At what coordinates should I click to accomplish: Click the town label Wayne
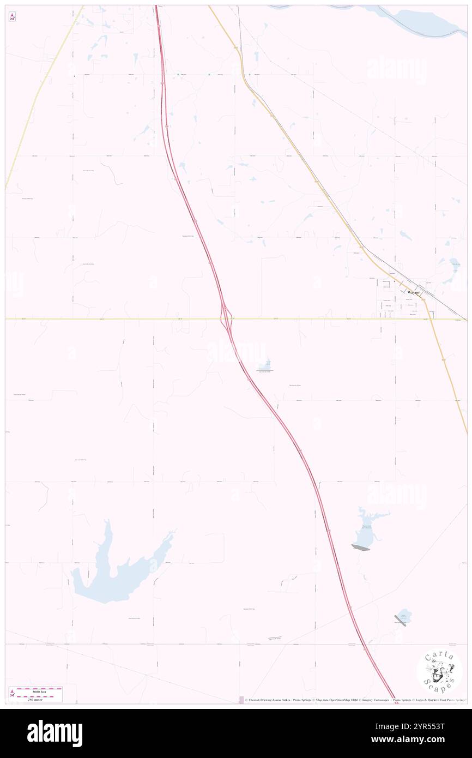tap(414, 292)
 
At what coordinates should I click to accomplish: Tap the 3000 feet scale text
tap(39, 690)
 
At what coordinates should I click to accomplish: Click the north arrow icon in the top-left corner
tap(12, 17)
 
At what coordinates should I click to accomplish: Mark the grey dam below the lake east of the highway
tap(360, 547)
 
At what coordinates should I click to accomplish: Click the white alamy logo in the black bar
tap(55, 733)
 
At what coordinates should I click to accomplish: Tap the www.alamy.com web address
tap(416, 740)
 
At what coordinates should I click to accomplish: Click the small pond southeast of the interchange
tap(267, 364)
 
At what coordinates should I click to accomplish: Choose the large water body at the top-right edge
tap(425, 22)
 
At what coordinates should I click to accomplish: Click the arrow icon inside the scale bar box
tap(13, 694)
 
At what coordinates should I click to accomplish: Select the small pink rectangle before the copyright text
tap(241, 700)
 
